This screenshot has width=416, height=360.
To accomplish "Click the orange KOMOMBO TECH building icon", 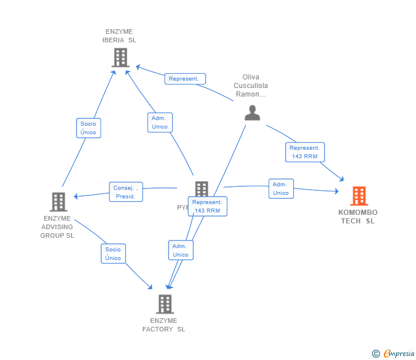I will pyautogui.click(x=359, y=196).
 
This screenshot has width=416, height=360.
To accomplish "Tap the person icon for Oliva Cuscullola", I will pyautogui.click(x=252, y=113).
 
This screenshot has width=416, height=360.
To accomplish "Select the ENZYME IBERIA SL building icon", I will pyautogui.click(x=120, y=58).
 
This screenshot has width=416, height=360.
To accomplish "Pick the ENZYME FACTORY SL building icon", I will pyautogui.click(x=165, y=304).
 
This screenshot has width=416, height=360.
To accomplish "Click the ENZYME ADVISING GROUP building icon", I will pyautogui.click(x=58, y=202).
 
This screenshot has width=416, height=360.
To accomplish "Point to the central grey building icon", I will pyautogui.click(x=201, y=189).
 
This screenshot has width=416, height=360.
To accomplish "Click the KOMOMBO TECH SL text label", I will pyautogui.click(x=358, y=217).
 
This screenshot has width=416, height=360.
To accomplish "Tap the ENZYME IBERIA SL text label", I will pyautogui.click(x=119, y=36).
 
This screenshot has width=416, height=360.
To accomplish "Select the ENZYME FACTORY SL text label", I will pyautogui.click(x=164, y=325).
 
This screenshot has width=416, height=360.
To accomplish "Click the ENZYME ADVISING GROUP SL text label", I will pyautogui.click(x=57, y=227).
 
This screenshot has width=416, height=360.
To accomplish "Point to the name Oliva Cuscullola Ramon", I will pyautogui.click(x=251, y=86).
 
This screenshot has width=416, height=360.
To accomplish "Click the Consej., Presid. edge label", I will pyautogui.click(x=126, y=192).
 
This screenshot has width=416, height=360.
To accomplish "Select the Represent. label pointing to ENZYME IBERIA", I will pyautogui.click(x=185, y=79).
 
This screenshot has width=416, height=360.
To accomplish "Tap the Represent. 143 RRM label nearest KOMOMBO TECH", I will pyautogui.click(x=305, y=152).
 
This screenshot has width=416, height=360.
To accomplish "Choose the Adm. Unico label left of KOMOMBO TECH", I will pyautogui.click(x=281, y=189).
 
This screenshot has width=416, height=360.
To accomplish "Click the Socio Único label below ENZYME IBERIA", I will pyautogui.click(x=89, y=128).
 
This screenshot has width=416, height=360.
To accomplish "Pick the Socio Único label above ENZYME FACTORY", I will pyautogui.click(x=113, y=253).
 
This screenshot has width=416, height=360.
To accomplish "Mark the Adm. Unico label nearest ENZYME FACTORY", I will pyautogui.click(x=181, y=250).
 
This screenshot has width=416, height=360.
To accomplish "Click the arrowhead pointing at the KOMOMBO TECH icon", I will pyautogui.click(x=341, y=178).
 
